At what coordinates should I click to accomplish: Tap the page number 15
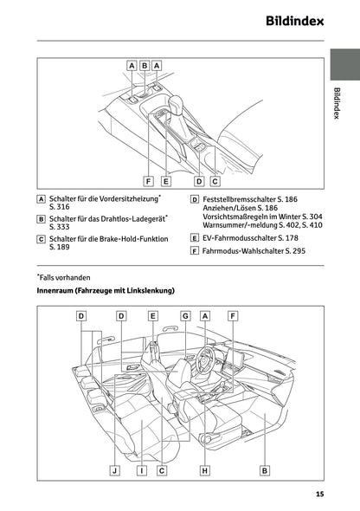click(319, 495)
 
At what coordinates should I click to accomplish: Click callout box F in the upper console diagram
click(149, 182)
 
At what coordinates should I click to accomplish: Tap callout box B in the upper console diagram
click(145, 65)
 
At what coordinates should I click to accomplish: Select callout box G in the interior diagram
click(185, 316)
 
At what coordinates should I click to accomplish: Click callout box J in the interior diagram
click(114, 470)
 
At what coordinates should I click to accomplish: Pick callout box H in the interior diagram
click(204, 470)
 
